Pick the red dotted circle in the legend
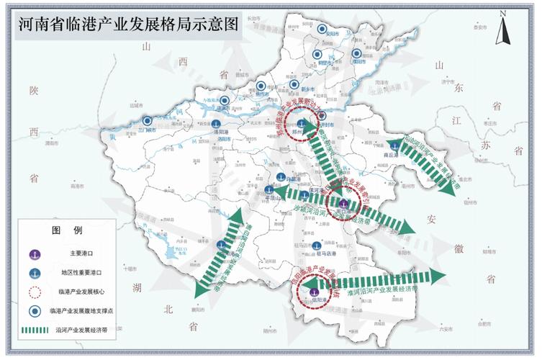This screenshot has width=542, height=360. coord(34,292)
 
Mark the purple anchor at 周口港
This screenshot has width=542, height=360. coord(343,204)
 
